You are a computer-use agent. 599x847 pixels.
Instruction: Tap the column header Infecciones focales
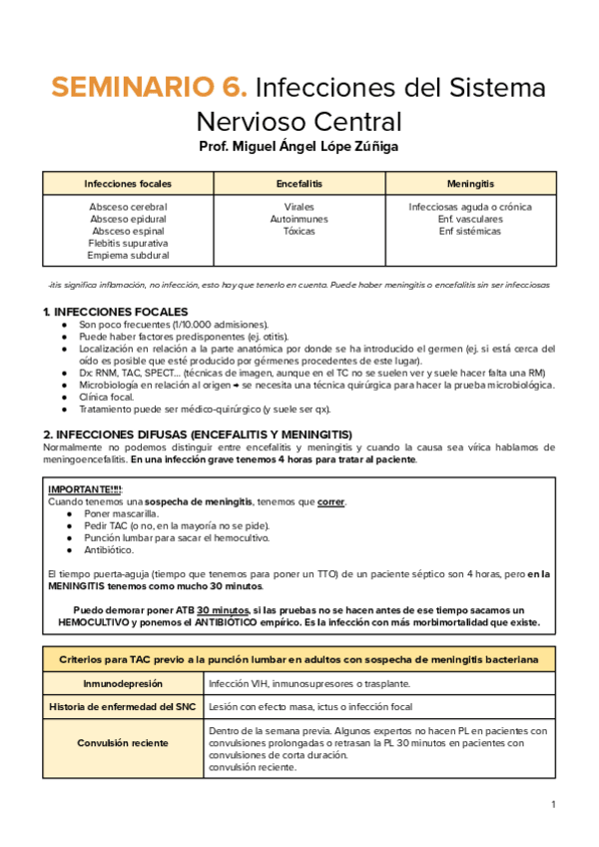(128, 184)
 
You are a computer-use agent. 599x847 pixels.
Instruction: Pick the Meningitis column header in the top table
(470, 184)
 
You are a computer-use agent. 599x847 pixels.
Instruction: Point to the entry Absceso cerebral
(128, 207)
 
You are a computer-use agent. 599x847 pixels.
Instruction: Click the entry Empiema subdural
(128, 255)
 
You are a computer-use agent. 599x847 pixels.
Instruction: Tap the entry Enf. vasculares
(470, 219)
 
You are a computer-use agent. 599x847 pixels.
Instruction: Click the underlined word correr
(331, 501)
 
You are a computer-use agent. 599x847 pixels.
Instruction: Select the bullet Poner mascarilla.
(122, 513)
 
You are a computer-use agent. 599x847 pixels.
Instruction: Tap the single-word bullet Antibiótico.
(111, 549)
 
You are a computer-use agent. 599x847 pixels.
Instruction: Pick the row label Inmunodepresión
(124, 684)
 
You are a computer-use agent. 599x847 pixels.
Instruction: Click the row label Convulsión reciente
(124, 743)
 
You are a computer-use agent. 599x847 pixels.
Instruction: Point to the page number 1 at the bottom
(553, 804)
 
